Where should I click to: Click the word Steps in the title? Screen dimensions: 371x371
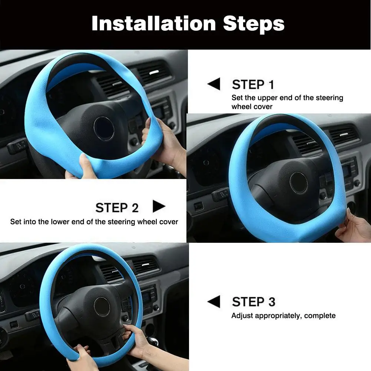254,23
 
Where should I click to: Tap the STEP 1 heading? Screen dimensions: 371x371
253,85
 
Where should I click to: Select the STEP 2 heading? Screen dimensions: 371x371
117,208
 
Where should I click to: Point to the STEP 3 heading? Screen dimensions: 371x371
254,302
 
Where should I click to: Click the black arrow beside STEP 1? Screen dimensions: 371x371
214,84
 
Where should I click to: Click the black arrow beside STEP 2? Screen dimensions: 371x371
159,206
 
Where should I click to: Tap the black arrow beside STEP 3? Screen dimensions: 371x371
214,302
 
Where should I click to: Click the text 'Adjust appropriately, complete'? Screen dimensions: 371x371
284,316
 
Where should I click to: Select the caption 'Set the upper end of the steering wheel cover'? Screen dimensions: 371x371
287,102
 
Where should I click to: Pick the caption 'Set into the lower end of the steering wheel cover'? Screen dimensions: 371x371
94,222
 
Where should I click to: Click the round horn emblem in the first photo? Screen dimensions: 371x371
104,128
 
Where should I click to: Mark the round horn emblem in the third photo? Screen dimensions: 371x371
102,306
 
